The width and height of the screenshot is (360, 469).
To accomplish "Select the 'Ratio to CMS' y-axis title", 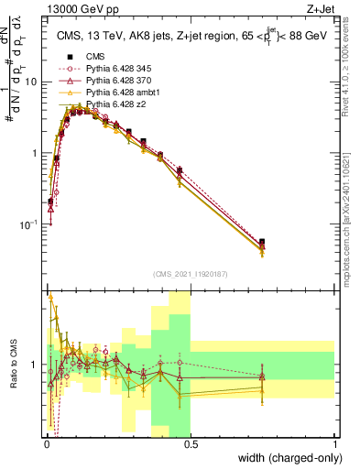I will pos(13,365).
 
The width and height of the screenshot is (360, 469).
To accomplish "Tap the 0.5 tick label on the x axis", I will pos(190,443).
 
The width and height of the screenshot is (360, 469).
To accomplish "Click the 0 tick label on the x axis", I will pos(46,443).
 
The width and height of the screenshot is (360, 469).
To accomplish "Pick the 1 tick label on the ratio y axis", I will pos(37,365).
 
